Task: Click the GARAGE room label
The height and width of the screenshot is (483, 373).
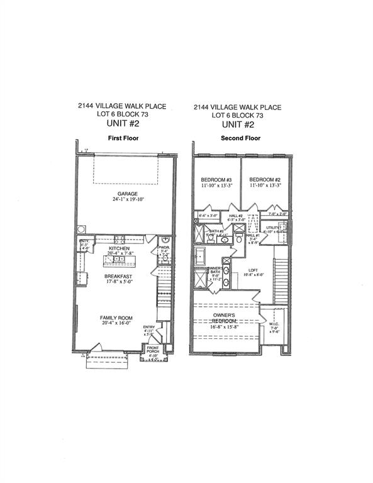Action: pos(126,194)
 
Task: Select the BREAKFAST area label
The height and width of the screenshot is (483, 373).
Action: pos(118,275)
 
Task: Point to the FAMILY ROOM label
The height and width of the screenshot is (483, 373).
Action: pos(118,318)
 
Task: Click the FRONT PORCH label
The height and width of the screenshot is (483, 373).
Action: pos(153,350)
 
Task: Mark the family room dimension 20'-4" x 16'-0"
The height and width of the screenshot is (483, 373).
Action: pos(118,325)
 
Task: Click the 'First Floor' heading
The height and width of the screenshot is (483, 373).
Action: pos(123,138)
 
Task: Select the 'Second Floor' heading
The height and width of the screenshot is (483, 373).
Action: pos(237,138)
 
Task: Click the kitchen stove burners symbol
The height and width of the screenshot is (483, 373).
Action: pos(119,238)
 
